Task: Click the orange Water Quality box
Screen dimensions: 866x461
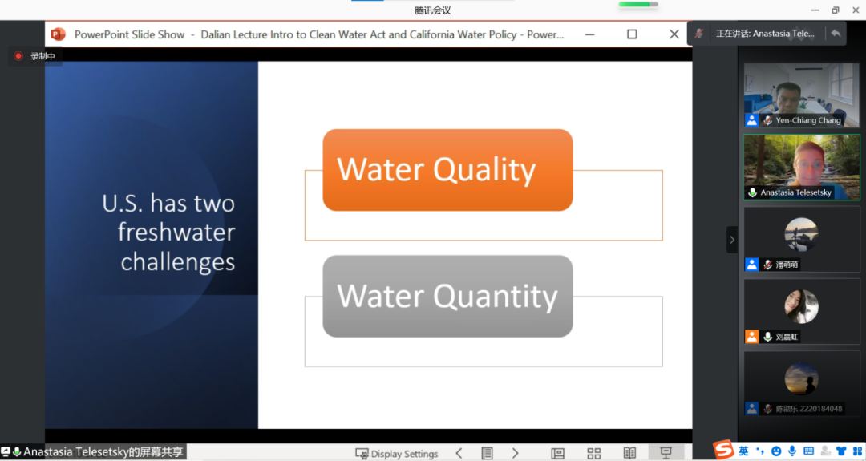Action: click(x=447, y=170)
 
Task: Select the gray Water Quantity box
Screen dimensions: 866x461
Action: click(x=447, y=296)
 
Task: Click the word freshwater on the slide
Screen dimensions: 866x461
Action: click(x=176, y=232)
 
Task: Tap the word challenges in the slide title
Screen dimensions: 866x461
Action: click(x=178, y=261)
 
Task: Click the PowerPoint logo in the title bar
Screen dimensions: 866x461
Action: click(x=58, y=34)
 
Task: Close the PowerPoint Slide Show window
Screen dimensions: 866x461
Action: click(x=674, y=34)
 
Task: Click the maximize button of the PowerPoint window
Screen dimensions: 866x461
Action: click(x=632, y=34)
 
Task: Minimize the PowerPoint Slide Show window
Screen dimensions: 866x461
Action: click(x=590, y=34)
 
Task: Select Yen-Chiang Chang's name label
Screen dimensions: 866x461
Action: click(x=808, y=120)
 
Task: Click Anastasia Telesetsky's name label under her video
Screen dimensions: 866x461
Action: click(x=796, y=192)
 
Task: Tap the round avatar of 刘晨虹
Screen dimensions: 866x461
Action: click(x=801, y=306)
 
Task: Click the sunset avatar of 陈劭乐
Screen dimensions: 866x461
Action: click(x=801, y=378)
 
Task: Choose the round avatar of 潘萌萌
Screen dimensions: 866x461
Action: click(x=801, y=235)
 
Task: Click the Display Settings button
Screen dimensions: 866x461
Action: click(x=397, y=454)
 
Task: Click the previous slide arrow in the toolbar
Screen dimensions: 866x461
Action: click(x=459, y=453)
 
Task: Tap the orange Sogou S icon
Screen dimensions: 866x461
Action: click(x=723, y=450)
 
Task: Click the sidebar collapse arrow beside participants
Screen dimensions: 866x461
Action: click(x=732, y=240)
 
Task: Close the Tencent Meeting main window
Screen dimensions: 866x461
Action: click(x=856, y=10)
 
